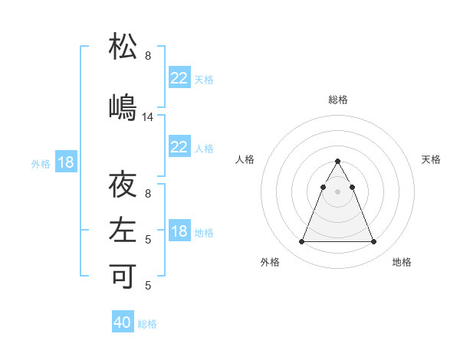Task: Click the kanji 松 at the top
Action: click(123, 47)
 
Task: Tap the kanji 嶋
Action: click(123, 106)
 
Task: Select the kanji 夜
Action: click(123, 185)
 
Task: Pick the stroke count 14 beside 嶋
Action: click(148, 117)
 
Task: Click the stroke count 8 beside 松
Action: click(148, 56)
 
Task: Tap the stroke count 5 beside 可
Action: click(148, 286)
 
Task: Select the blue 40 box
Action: click(123, 322)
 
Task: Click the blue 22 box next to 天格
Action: click(179, 78)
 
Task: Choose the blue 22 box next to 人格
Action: click(179, 147)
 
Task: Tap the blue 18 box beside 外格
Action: click(65, 162)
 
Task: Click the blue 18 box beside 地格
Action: click(179, 231)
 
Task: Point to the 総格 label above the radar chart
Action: click(338, 100)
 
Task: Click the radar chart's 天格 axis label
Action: click(431, 159)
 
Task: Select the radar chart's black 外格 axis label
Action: click(270, 262)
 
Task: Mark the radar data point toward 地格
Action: click(374, 242)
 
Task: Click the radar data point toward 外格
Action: click(301, 242)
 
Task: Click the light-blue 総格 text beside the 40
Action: click(147, 324)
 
